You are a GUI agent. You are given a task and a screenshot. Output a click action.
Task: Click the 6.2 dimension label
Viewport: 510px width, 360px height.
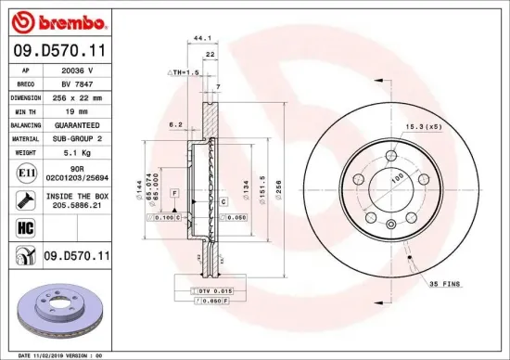[x=174, y=123]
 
